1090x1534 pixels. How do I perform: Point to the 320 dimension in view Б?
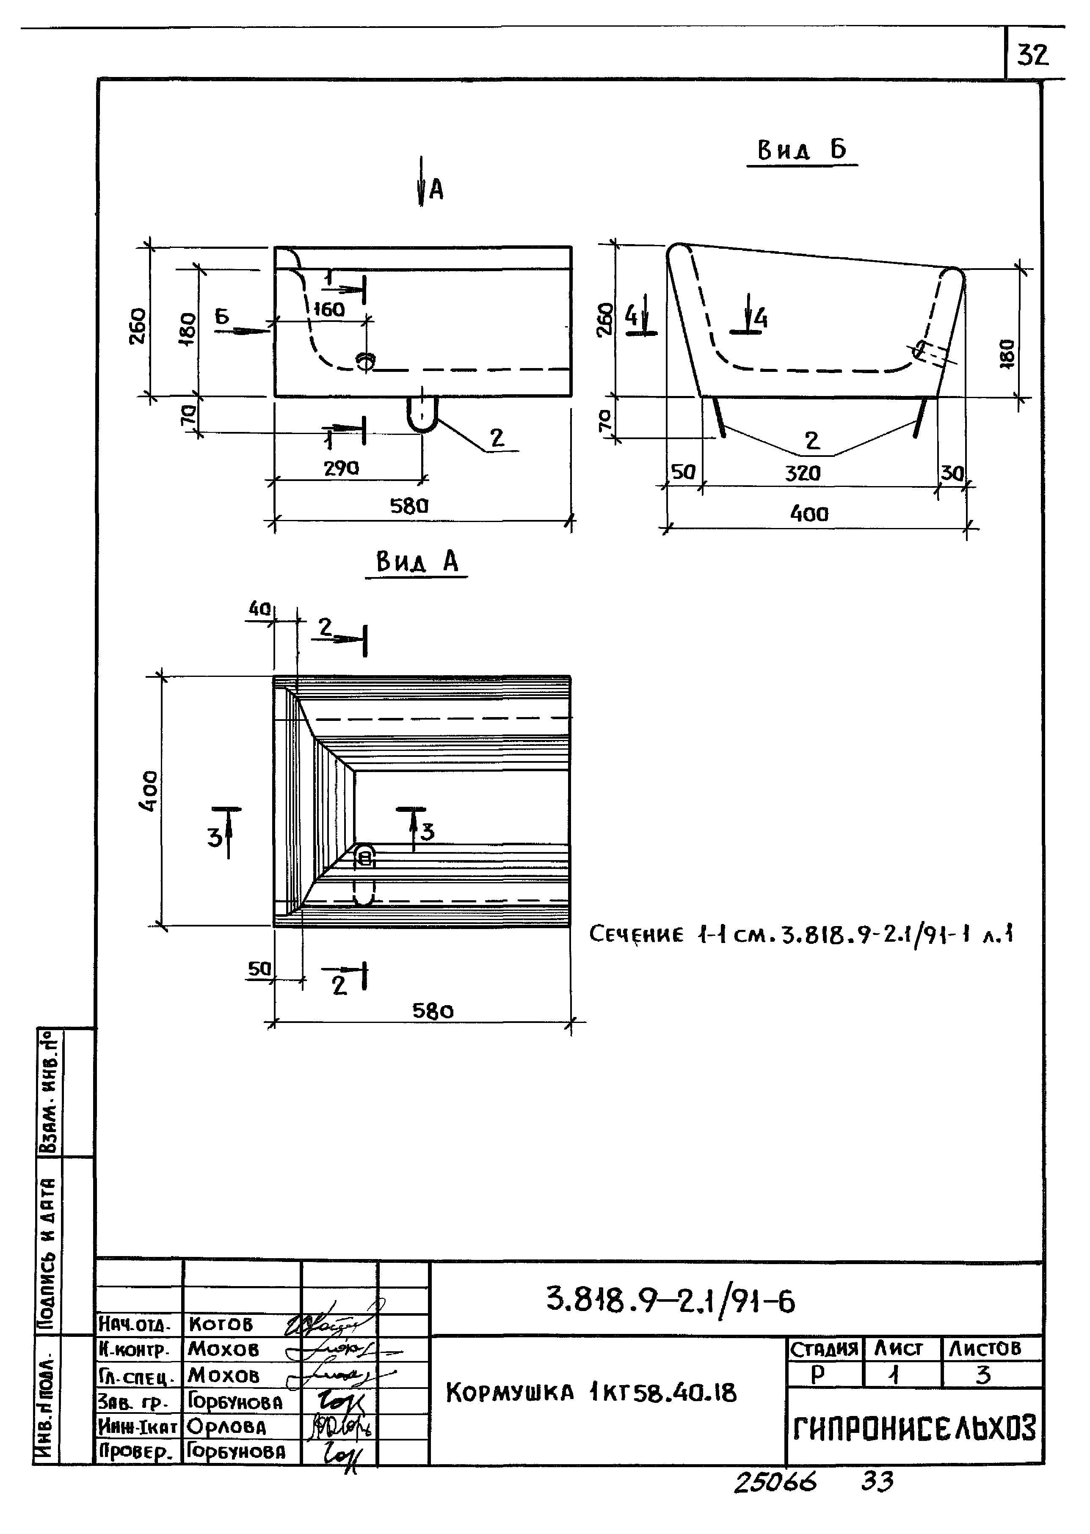[803, 473]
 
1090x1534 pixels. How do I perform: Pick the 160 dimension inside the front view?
[329, 309]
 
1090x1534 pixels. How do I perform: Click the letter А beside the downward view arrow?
[436, 190]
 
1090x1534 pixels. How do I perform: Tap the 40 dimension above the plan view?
[259, 608]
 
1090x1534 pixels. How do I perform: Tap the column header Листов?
[985, 1348]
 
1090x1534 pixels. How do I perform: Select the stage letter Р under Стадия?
[817, 1375]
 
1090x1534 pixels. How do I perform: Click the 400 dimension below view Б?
[809, 514]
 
